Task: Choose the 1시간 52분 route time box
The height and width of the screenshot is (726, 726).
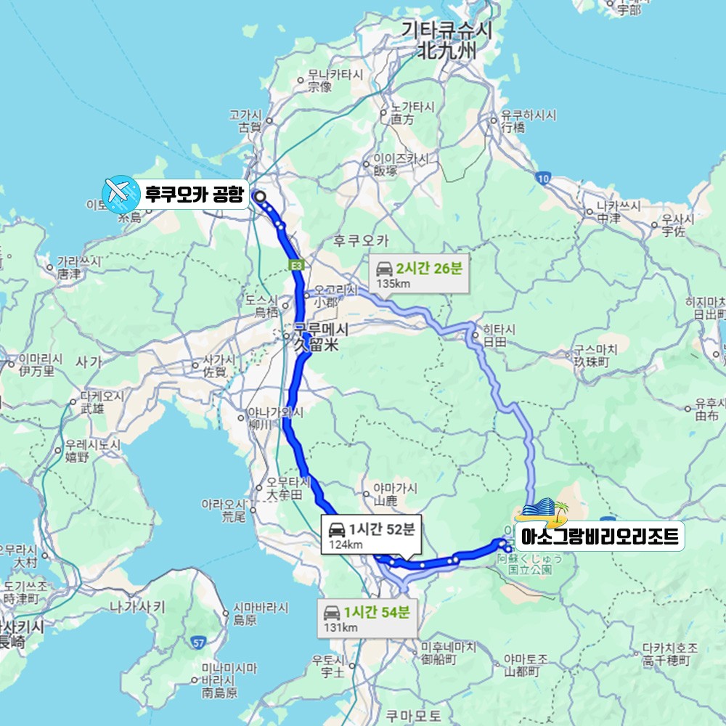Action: [370, 536]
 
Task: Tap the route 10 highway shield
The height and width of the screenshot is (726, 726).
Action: [543, 177]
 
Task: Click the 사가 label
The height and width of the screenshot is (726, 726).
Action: [88, 361]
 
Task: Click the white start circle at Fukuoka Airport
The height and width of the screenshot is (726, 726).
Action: [258, 195]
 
